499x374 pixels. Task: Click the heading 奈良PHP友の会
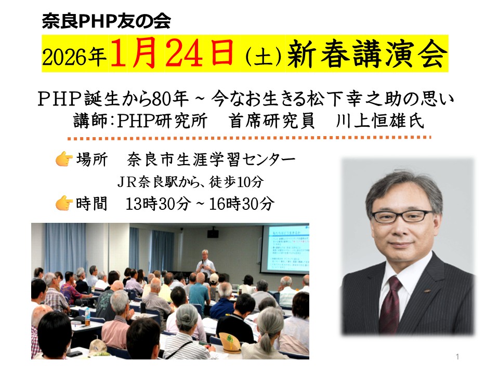point(106,21)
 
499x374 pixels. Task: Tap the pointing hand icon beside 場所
point(63,159)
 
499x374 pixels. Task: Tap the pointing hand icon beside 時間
point(63,203)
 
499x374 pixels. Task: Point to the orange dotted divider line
point(249,139)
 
